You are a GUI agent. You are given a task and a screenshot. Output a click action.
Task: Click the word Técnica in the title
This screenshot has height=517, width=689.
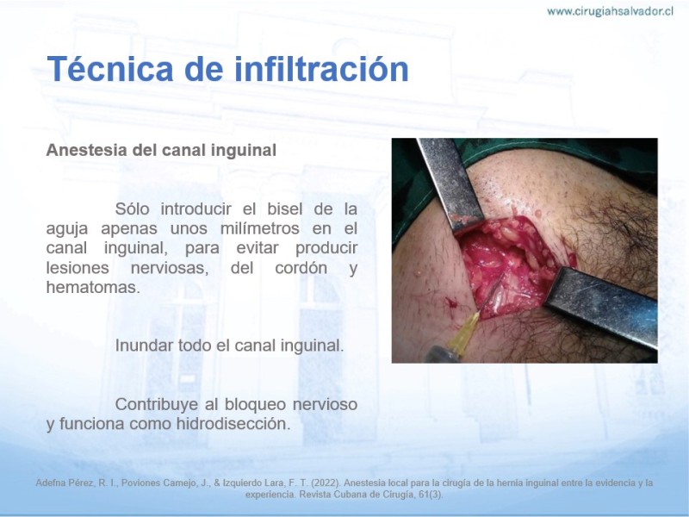click(x=111, y=69)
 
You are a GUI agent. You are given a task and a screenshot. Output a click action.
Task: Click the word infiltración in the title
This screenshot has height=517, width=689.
click(x=321, y=69)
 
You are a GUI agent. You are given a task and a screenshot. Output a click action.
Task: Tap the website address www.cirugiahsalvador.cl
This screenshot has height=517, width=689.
click(x=610, y=11)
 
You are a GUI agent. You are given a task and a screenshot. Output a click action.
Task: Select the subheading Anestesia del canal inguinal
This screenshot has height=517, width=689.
click(x=161, y=150)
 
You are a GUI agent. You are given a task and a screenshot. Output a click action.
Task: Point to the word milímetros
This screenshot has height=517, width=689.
click(x=260, y=228)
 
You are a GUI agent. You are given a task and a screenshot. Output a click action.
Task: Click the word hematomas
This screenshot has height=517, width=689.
click(x=93, y=287)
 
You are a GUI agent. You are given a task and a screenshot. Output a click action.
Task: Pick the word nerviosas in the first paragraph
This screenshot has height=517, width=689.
click(x=170, y=268)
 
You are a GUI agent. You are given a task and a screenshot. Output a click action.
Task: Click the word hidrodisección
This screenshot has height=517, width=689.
click(x=233, y=424)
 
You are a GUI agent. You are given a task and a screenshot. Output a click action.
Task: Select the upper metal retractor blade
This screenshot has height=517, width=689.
click(x=450, y=184)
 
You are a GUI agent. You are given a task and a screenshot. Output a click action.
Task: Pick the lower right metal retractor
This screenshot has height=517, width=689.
click(x=602, y=306)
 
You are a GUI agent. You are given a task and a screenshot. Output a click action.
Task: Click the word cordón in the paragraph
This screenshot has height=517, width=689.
click(x=301, y=268)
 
